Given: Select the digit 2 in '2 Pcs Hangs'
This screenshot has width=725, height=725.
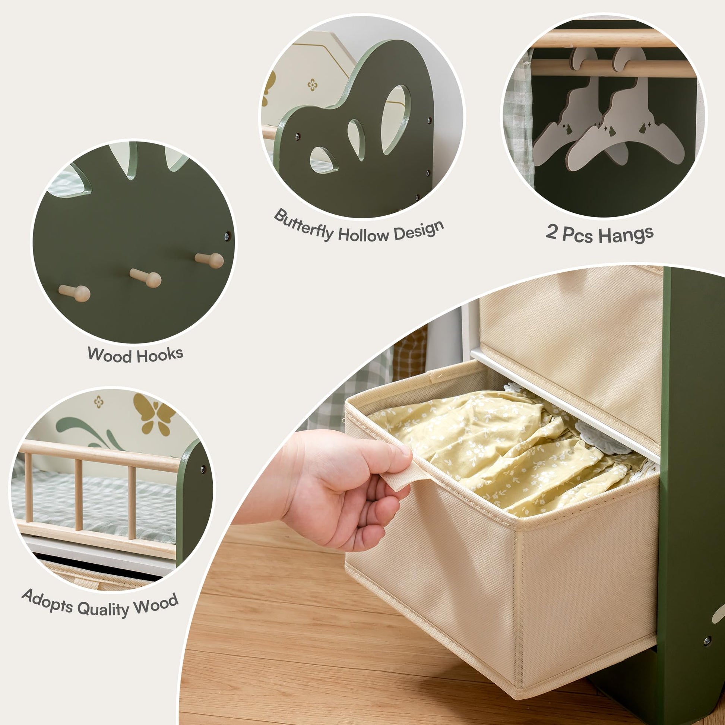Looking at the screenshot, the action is tap(551, 231).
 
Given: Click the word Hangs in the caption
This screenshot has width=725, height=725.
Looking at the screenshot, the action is tap(626, 235).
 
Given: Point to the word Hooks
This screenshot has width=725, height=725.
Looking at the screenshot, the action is tap(159, 355).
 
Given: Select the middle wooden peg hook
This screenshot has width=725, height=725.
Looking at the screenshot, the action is tap(146, 278).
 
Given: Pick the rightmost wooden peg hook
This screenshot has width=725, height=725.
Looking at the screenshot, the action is tap(209, 260).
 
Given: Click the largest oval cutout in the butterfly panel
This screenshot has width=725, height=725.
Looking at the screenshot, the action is tap(395, 119).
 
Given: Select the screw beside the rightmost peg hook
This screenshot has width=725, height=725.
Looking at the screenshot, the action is tap(227, 237).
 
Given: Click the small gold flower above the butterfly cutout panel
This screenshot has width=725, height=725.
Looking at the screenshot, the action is tap(312, 85).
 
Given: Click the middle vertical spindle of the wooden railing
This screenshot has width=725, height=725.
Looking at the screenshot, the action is tap(79, 495).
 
